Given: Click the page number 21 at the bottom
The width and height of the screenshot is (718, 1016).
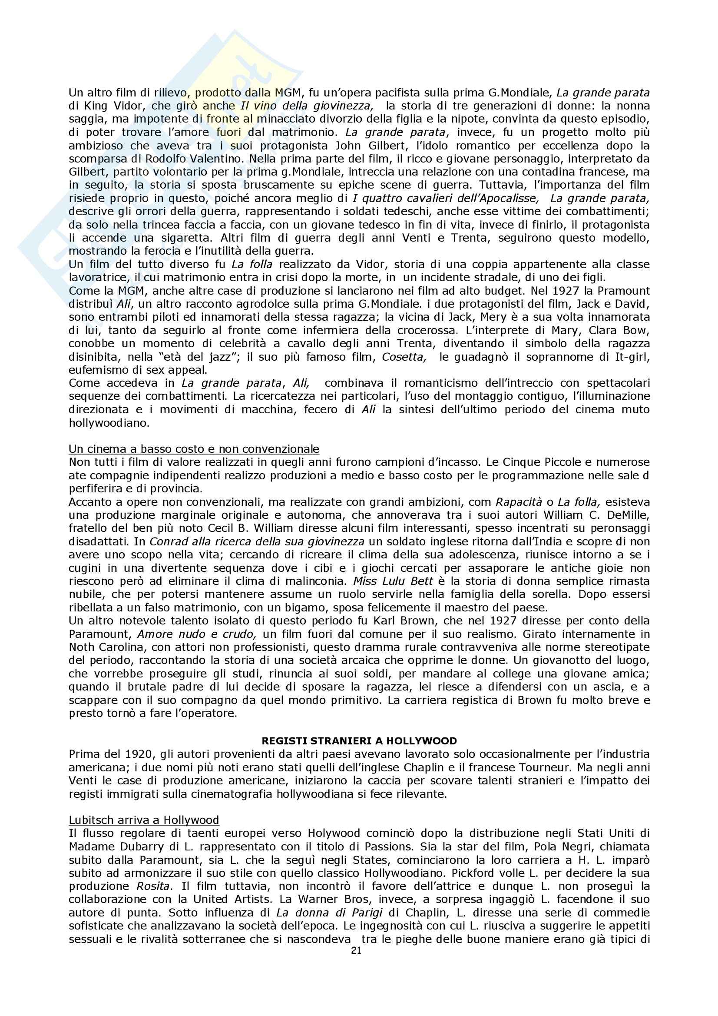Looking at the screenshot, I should pos(356,950).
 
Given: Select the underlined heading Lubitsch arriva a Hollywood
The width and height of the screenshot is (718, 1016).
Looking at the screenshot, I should pos(144,820).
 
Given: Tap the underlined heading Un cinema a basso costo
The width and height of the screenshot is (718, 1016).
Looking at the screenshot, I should pos(194,449).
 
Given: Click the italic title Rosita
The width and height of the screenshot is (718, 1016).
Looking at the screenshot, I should pos(152,887).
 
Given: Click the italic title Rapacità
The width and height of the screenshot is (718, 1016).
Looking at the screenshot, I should pos(519,502).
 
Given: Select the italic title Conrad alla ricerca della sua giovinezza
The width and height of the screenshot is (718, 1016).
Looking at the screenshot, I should pos(257,541).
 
